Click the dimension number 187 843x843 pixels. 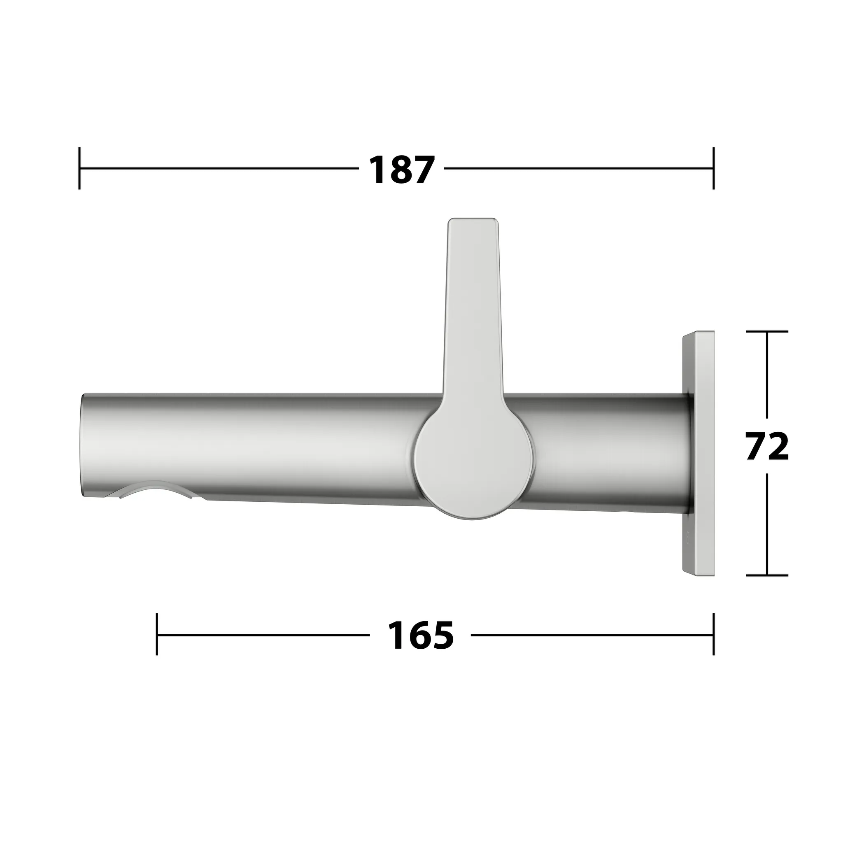401,169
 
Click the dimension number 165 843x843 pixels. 421,635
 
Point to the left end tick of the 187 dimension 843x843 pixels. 79,168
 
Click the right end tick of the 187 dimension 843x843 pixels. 713,168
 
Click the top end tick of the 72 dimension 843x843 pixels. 766,332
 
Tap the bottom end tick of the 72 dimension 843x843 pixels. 766,575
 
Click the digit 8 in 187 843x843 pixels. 401,169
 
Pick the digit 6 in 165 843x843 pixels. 421,635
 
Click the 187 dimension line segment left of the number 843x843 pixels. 218,168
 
